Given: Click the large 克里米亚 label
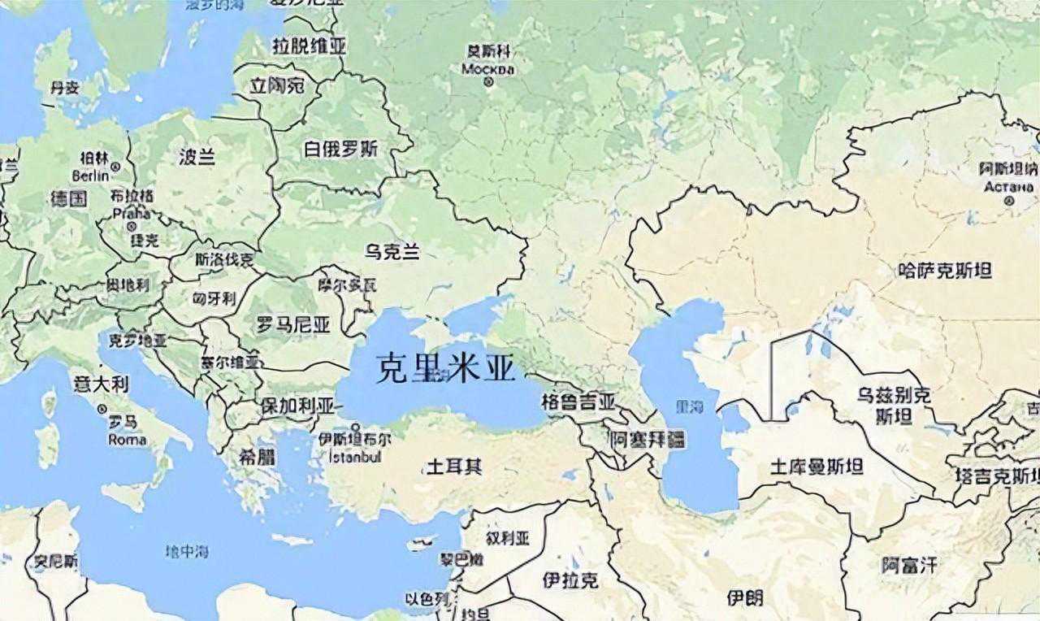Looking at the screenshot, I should tap(446, 368).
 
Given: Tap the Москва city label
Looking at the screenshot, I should tap(488, 69).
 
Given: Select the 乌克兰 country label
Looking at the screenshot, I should tap(392, 252).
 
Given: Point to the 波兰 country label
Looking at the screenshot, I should tap(197, 157).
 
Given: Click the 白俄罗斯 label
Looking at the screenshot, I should tap(341, 149).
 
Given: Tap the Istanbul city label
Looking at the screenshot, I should tap(355, 458).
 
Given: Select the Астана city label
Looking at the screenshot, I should tap(1008, 185).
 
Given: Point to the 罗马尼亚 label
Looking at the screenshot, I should tap(293, 325).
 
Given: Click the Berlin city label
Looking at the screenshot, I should tap(91, 176).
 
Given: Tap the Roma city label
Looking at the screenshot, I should tap(127, 440).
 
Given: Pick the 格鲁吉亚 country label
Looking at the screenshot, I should tap(578, 402).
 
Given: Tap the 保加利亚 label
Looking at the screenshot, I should tap(297, 405).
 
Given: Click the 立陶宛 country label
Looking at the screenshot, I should tap(277, 85).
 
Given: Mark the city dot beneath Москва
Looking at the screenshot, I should tap(488, 82).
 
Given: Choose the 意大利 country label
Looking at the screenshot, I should tap(101, 384).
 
